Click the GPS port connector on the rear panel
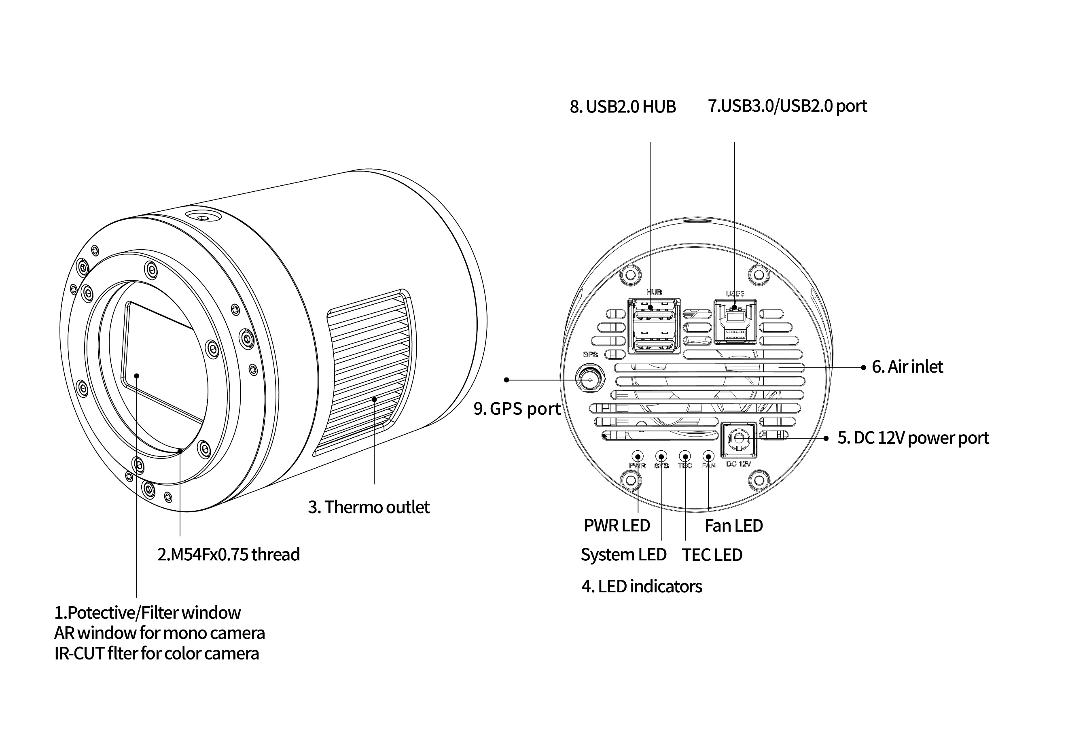[x=590, y=380]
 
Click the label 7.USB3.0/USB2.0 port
[x=787, y=106]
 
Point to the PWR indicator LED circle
[x=637, y=456]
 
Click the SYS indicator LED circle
[x=661, y=456]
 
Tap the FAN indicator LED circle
[x=708, y=456]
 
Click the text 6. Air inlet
[x=907, y=367]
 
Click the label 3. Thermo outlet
[x=369, y=507]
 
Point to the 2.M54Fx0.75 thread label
[x=229, y=554]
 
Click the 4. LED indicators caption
[x=642, y=587]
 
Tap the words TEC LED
[x=712, y=555]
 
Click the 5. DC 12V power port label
[x=913, y=438]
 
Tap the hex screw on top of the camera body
[x=203, y=217]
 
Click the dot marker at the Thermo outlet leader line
[x=374, y=399]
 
